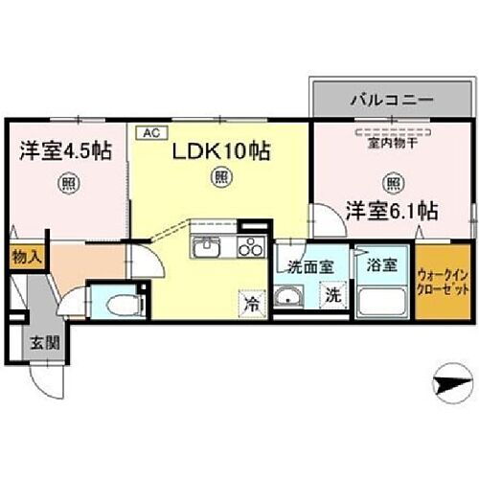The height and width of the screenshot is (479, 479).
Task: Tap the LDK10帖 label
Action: pos(220,150)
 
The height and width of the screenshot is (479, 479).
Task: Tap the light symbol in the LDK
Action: pos(221,176)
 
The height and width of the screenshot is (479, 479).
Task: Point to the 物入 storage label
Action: pos(26,257)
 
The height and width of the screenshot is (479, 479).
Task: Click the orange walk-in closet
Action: pos(442,283)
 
